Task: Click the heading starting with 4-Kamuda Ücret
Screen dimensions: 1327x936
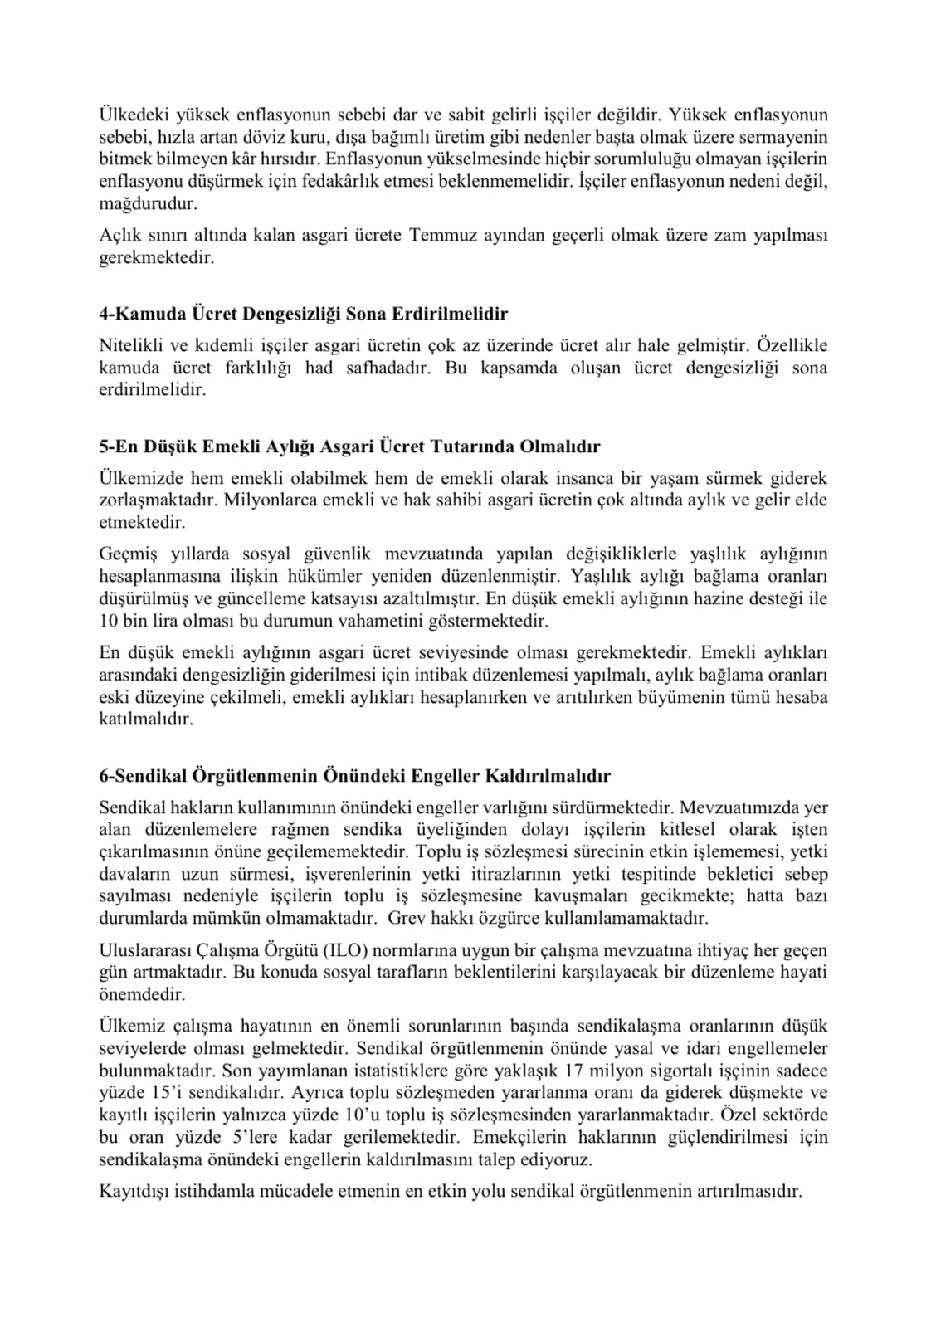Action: (303, 314)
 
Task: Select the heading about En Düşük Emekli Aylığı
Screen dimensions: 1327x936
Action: (349, 446)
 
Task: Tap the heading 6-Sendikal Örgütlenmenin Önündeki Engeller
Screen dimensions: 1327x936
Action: (354, 776)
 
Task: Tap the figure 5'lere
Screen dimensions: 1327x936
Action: (250, 1137)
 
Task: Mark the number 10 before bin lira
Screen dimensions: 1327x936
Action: (108, 621)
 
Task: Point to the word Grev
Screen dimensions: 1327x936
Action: (406, 918)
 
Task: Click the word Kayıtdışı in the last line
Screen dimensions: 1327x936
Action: (132, 1191)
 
